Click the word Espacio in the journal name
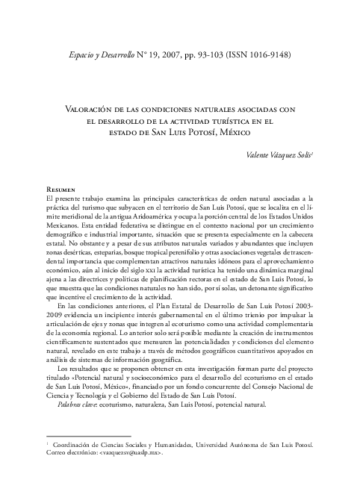click(x=84, y=55)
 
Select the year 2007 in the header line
click(x=187, y=55)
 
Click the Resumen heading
click(x=61, y=190)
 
